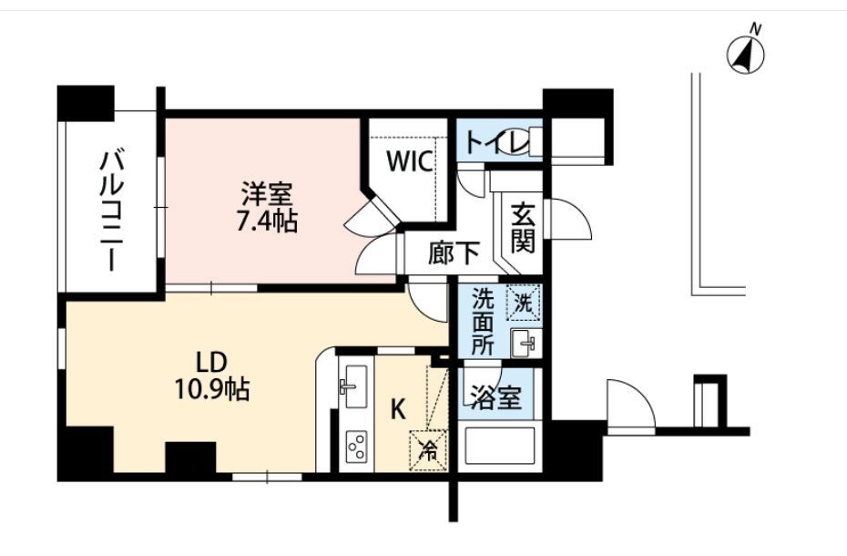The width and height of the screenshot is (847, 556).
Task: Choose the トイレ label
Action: click(x=490, y=144)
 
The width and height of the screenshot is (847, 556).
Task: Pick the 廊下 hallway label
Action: click(x=454, y=254)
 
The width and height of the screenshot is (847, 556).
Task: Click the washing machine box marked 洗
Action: click(x=523, y=303)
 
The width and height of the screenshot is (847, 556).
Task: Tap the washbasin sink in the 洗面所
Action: click(x=523, y=345)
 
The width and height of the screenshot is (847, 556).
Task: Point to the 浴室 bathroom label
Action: click(x=495, y=399)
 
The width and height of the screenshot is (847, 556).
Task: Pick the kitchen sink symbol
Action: click(x=353, y=382)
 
